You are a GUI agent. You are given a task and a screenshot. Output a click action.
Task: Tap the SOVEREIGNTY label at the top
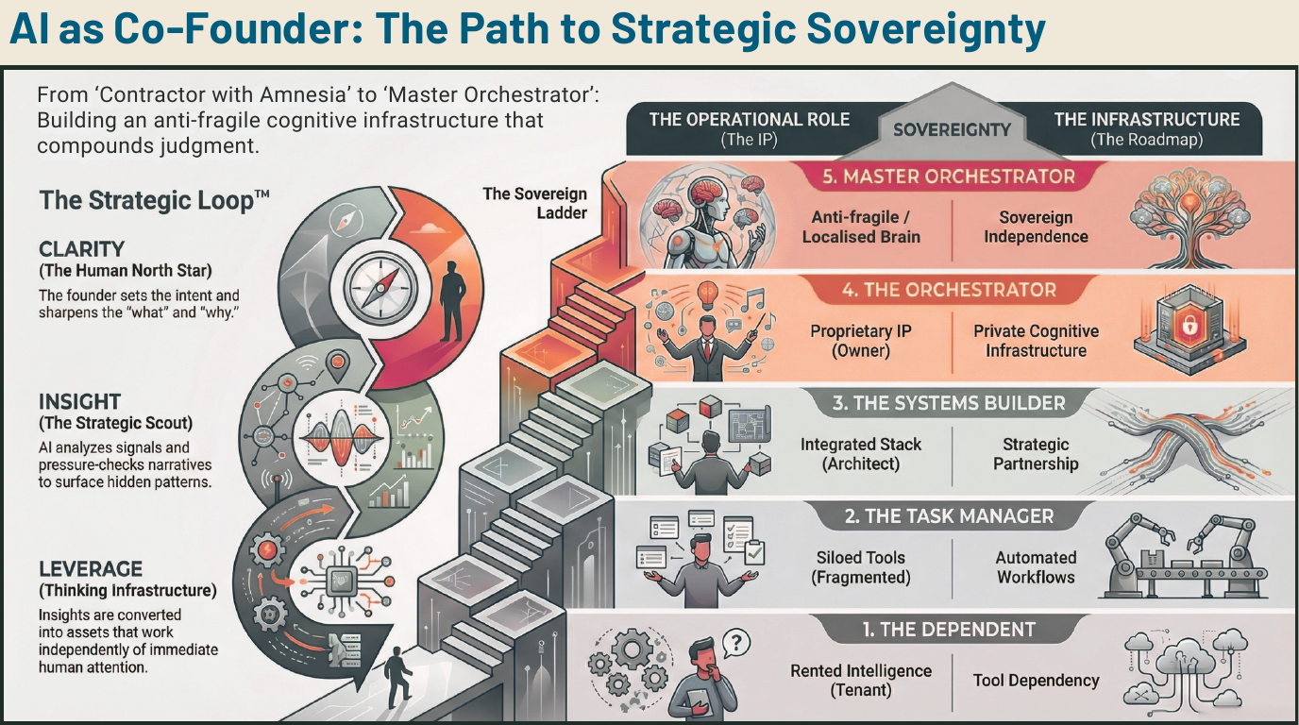point(952,129)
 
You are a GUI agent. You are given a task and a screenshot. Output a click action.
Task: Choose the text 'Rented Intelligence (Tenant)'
point(860,680)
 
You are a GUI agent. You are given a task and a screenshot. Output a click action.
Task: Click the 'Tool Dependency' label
point(1036,680)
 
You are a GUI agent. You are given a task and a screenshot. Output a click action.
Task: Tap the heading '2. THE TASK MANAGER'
point(948,516)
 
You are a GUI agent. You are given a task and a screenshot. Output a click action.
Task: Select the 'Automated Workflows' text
point(1036,567)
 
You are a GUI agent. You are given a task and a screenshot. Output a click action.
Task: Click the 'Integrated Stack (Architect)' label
point(860,454)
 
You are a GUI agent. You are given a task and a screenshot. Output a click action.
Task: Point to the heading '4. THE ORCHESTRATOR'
point(948,290)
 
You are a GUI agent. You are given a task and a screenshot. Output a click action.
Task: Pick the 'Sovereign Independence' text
point(1036,227)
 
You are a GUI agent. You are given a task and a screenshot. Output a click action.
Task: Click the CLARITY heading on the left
point(81,249)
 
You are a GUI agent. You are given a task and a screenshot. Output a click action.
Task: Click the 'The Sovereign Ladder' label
point(534,203)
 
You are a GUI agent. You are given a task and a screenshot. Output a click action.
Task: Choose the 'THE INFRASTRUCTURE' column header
point(1146,120)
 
